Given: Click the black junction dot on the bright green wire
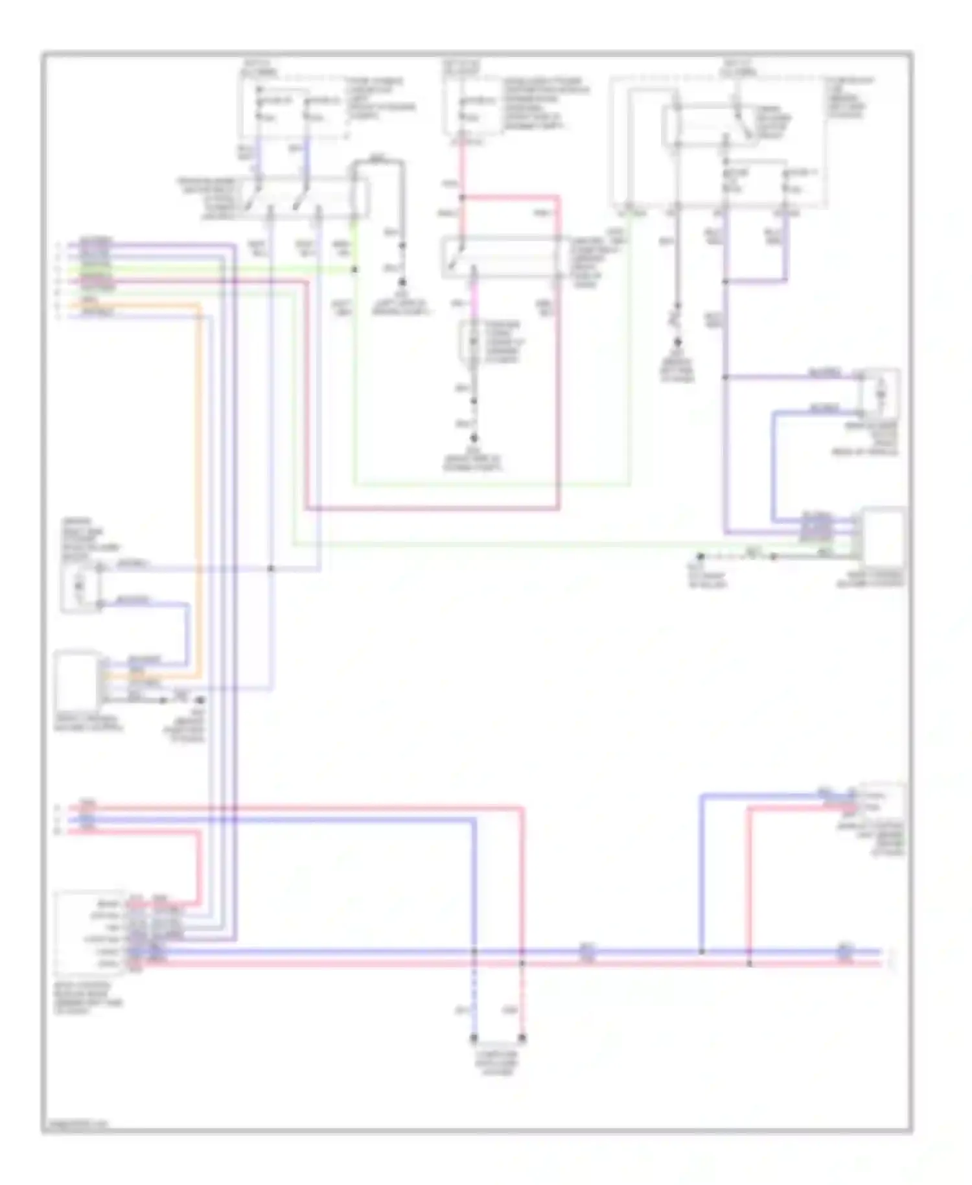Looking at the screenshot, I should [354, 269].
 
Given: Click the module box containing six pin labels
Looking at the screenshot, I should [91, 934].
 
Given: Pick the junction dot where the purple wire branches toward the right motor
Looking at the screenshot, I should [725, 377].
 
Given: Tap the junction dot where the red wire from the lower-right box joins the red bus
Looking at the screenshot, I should [750, 964].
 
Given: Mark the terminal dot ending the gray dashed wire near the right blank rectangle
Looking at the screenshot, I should [700, 556].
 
